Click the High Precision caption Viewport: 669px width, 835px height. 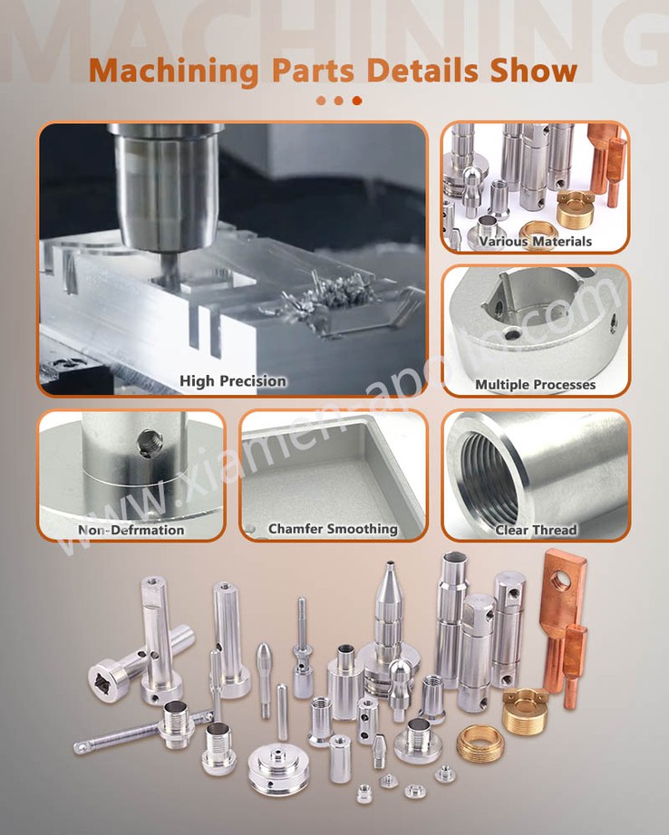click(232, 381)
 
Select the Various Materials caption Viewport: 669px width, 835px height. click(535, 242)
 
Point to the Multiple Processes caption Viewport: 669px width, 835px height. click(535, 385)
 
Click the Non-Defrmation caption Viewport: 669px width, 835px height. click(131, 530)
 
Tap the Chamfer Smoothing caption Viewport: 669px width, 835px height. click(333, 528)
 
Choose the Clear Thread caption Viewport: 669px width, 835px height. click(535, 530)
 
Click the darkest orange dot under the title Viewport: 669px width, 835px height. click(356, 101)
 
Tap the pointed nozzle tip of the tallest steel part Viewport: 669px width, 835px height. click(388, 571)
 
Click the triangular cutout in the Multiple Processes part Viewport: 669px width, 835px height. click(509, 299)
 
